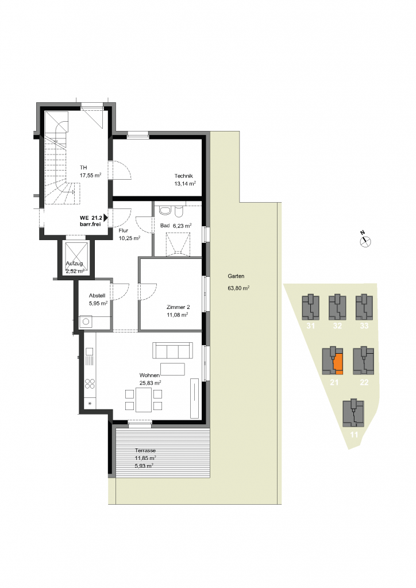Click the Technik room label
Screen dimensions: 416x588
pyautogui.click(x=183, y=176)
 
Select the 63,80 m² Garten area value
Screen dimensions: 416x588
pyautogui.click(x=238, y=288)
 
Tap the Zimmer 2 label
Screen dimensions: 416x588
pyautogui.click(x=178, y=307)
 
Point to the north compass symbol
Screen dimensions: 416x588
pyautogui.click(x=365, y=242)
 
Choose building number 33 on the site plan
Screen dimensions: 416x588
pyautogui.click(x=364, y=326)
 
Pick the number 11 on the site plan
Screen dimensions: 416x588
pyautogui.click(x=354, y=435)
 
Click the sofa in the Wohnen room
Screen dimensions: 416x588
pyautogui.click(x=172, y=350)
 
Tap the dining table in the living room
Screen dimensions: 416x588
pyautogui.click(x=144, y=400)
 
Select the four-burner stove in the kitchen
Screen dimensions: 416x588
pyautogui.click(x=90, y=384)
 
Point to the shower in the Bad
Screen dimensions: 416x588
pyautogui.click(x=178, y=244)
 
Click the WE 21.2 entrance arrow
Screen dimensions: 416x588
pyautogui.click(x=106, y=218)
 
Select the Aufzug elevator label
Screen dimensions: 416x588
pyautogui.click(x=74, y=263)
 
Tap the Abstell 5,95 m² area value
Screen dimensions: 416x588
pyautogui.click(x=98, y=303)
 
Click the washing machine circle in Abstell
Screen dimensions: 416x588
pyautogui.click(x=86, y=322)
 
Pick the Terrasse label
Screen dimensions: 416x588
pyautogui.click(x=145, y=450)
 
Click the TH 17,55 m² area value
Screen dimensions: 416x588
pyautogui.click(x=90, y=175)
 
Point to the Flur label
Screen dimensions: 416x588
pyautogui.click(x=124, y=231)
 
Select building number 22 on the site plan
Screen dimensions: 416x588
pyautogui.click(x=364, y=382)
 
